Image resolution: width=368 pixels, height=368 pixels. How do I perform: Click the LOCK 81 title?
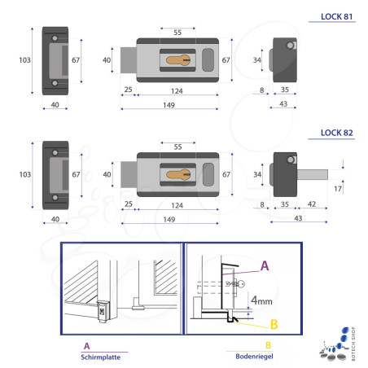336,16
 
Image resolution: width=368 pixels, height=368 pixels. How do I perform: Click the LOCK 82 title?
336,133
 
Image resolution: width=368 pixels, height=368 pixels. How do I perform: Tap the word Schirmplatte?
100,357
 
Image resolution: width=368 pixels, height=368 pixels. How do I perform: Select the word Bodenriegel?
254,356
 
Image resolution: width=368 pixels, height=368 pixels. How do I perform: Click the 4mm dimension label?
261,300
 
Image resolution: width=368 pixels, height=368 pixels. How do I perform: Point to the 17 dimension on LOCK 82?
338,189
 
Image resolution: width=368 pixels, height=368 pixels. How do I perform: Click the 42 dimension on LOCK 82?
312,204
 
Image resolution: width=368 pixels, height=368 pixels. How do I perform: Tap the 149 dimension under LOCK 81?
169,105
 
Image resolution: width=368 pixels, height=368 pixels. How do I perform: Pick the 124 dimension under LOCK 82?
177,205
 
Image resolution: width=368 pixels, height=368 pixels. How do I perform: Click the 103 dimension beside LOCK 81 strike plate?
24,60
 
